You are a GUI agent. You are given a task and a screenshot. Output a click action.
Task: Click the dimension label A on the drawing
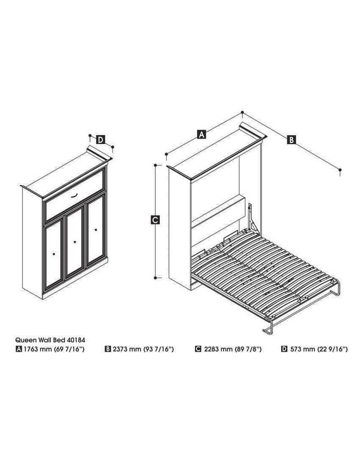pos(202,134)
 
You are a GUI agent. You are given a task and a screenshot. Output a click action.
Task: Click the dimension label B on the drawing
pos(291,140)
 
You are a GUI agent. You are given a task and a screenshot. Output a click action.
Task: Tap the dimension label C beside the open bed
pos(154,220)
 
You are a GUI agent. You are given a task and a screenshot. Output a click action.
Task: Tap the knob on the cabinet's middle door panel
pos(74,242)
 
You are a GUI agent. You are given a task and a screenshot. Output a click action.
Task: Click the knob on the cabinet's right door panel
pos(95,231)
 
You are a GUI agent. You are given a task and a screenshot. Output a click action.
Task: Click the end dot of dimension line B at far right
pos(340,170)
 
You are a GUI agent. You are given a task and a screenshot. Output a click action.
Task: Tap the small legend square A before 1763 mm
pos(18,349)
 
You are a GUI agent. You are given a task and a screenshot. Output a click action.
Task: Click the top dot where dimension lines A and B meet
pos(243,112)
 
